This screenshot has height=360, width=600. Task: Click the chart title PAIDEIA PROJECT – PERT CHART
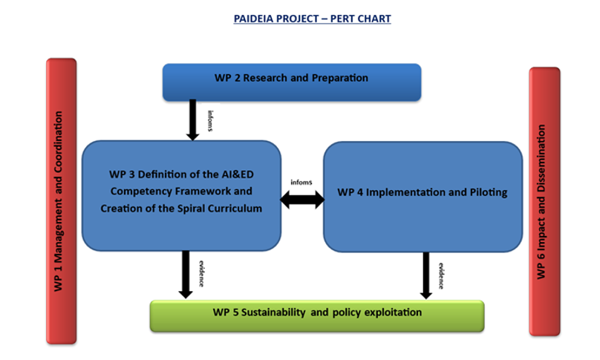(312, 19)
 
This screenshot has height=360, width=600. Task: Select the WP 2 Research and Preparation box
(292, 82)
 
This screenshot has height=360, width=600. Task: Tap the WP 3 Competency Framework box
(181, 196)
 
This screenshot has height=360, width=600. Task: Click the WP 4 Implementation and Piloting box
(423, 197)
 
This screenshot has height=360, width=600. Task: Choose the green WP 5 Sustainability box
(317, 316)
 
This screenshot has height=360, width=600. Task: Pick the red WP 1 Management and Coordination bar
(61, 201)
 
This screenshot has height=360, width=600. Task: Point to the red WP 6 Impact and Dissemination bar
(544, 202)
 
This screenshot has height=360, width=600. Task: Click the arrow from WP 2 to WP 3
(192, 120)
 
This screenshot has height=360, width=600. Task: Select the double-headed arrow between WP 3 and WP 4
(302, 200)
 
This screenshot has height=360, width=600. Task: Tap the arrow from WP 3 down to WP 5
(186, 275)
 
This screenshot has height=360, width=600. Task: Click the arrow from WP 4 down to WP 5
(426, 275)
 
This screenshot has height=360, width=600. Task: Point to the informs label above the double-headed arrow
(301, 182)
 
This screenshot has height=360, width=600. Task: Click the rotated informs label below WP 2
(210, 121)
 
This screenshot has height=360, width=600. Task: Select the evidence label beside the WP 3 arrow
(201, 274)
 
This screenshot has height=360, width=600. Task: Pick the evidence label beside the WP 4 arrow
(441, 276)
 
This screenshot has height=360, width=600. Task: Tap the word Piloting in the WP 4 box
(489, 192)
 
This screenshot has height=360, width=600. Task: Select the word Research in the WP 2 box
(265, 78)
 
